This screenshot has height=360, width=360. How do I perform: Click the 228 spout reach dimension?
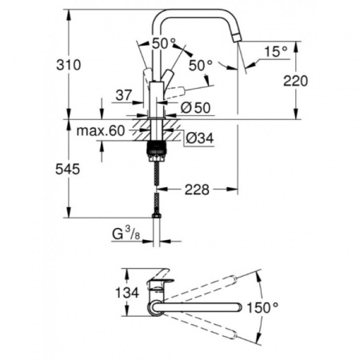pos(200,190)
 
